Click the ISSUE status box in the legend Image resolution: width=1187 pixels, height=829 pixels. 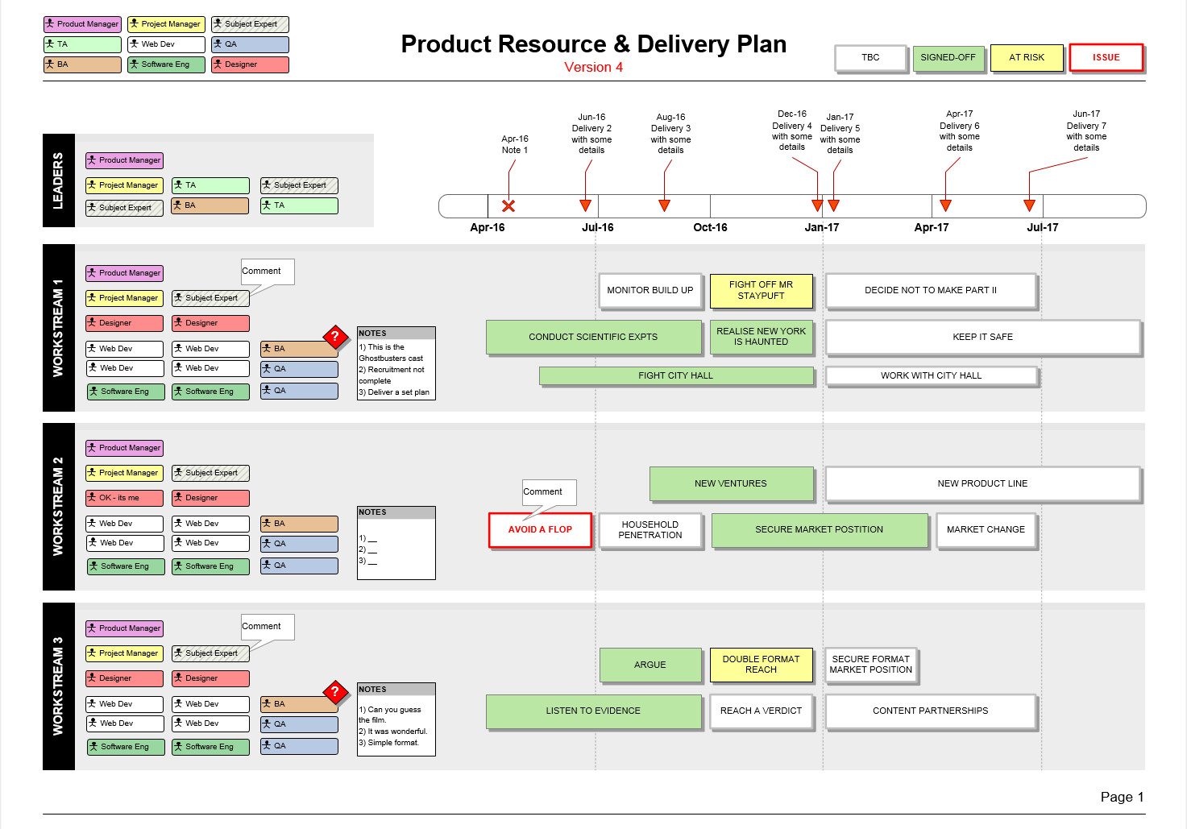click(x=1106, y=57)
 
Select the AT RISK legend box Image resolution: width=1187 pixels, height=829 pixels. click(x=1027, y=57)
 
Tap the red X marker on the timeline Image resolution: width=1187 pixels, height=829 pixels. click(x=508, y=206)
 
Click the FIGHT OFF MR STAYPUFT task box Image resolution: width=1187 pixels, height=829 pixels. click(x=761, y=290)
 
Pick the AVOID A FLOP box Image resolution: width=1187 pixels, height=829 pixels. click(x=540, y=529)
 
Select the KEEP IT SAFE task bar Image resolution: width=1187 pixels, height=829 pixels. click(x=982, y=337)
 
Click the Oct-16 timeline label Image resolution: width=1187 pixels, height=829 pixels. click(x=710, y=227)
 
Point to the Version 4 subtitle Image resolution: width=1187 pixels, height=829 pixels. click(x=593, y=68)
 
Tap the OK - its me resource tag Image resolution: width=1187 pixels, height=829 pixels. click(x=125, y=498)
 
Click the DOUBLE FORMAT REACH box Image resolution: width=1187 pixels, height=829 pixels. click(x=761, y=665)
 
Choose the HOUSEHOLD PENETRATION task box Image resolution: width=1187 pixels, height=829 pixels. click(x=650, y=529)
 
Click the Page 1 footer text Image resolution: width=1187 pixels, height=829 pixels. click(x=1122, y=798)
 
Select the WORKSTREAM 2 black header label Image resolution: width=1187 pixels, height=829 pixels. click(x=58, y=507)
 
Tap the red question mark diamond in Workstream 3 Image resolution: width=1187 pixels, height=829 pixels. click(x=335, y=692)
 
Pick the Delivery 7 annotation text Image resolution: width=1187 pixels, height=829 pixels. click(x=1085, y=131)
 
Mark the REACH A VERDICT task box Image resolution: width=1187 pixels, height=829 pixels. click(x=761, y=711)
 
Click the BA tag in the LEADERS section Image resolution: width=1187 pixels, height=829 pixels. click(x=210, y=205)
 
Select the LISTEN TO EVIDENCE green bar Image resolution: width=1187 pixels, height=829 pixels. click(x=593, y=711)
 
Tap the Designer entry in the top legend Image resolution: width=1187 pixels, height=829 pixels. click(x=250, y=64)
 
